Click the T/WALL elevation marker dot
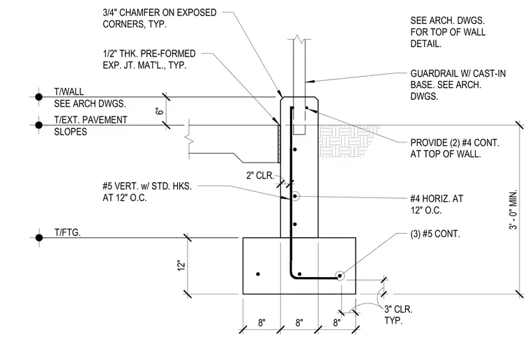coord(39,97)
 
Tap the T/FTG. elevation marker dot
coord(39,238)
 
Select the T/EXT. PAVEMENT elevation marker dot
coord(39,125)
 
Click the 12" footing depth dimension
coord(181,265)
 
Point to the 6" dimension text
coord(160,111)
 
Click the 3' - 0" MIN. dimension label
coord(513,209)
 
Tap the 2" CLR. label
coord(260,175)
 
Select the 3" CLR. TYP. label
coord(398,315)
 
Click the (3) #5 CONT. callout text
coord(435,234)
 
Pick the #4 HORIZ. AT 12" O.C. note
coord(437,204)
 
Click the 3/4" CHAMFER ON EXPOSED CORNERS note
coord(160,19)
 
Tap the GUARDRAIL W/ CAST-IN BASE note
coord(458,85)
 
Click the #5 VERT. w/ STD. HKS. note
coord(147,192)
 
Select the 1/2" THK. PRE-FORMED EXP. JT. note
coord(149,59)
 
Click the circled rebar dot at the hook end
coord(340,276)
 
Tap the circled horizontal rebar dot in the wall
coord(295,196)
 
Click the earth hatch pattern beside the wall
coord(348,142)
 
